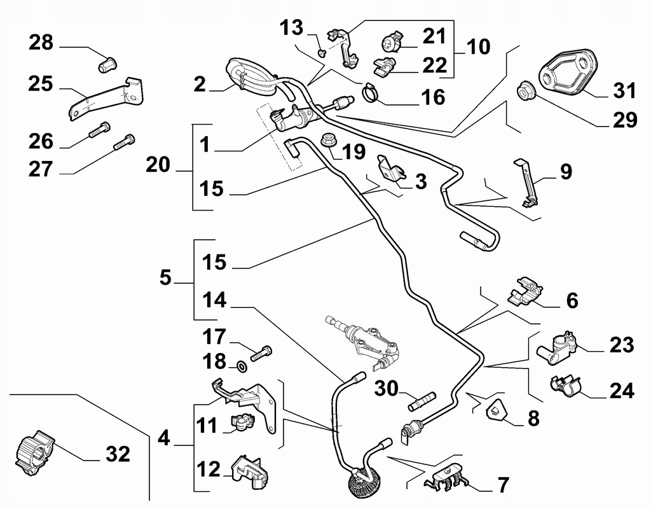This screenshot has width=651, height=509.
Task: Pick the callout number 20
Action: click(x=158, y=165)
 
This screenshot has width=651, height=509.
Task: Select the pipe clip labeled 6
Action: click(x=524, y=290)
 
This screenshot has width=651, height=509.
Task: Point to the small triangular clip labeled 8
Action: click(x=496, y=410)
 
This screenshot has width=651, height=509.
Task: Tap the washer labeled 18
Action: click(x=242, y=366)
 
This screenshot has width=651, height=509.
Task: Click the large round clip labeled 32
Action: click(x=36, y=452)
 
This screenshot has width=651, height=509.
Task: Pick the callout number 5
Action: click(x=165, y=278)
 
